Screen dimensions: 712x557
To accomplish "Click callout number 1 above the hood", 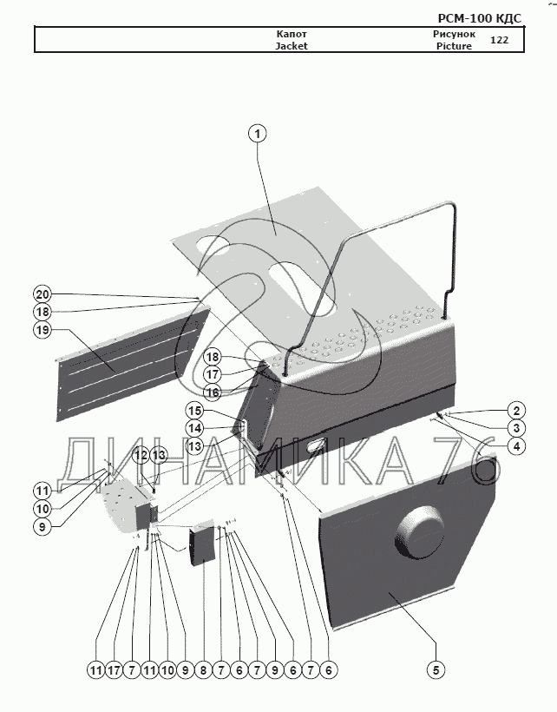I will [257, 134].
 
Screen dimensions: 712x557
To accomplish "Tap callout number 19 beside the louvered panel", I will [43, 330].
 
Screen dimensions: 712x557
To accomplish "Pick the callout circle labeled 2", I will [515, 410].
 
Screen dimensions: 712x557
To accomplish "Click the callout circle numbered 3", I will [515, 428].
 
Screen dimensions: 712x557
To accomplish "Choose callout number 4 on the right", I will [515, 446].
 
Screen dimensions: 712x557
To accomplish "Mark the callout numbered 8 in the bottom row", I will [203, 669].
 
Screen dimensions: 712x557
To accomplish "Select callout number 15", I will [194, 411].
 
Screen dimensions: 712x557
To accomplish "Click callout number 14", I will [194, 428].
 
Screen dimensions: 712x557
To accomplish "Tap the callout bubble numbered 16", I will [213, 392].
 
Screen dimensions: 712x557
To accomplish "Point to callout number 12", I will [140, 455].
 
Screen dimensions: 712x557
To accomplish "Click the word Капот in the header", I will [292, 34].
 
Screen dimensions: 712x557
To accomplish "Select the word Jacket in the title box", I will [292, 46].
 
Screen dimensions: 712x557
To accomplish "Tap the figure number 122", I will [500, 40].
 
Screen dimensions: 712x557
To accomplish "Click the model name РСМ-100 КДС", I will [481, 17].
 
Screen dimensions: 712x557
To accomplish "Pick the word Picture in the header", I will [455, 46].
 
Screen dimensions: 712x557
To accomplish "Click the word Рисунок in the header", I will [453, 34].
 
